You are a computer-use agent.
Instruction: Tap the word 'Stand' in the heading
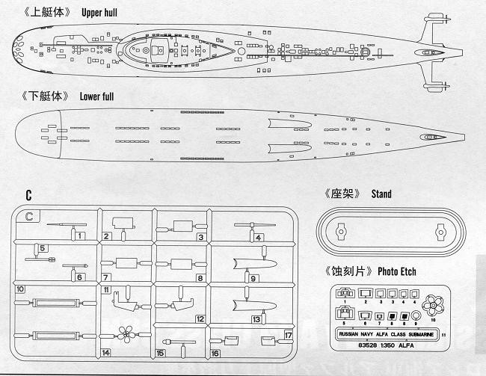coord(381,194)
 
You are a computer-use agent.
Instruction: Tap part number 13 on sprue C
coord(256,319)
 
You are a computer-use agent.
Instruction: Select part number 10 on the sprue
coord(20,289)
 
